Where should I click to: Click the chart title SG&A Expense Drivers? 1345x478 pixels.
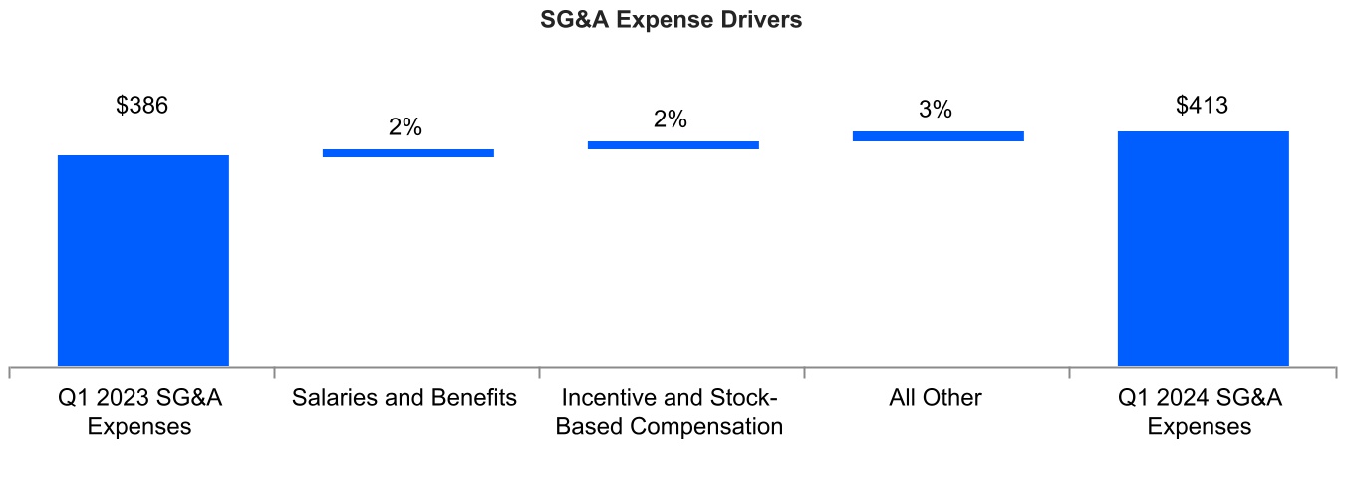tap(672, 21)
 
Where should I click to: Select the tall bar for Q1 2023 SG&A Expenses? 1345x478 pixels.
tap(143, 261)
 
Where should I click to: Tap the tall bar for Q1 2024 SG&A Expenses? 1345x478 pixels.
tap(1203, 249)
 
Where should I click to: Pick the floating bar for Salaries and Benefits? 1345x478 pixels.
tap(408, 153)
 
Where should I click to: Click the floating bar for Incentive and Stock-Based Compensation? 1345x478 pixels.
tap(673, 145)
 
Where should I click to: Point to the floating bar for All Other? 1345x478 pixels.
tap(938, 136)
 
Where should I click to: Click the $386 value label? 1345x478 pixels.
tap(142, 106)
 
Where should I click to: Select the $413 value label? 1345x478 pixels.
tap(1203, 105)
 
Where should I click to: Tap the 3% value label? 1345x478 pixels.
tap(936, 110)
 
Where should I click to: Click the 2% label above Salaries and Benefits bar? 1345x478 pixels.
tap(405, 127)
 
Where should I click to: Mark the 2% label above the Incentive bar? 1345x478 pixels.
tap(671, 119)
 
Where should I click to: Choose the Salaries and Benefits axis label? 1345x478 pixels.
tap(404, 399)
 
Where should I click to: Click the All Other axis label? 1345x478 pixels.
tap(936, 399)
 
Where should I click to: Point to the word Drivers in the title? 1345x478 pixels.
tap(762, 21)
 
